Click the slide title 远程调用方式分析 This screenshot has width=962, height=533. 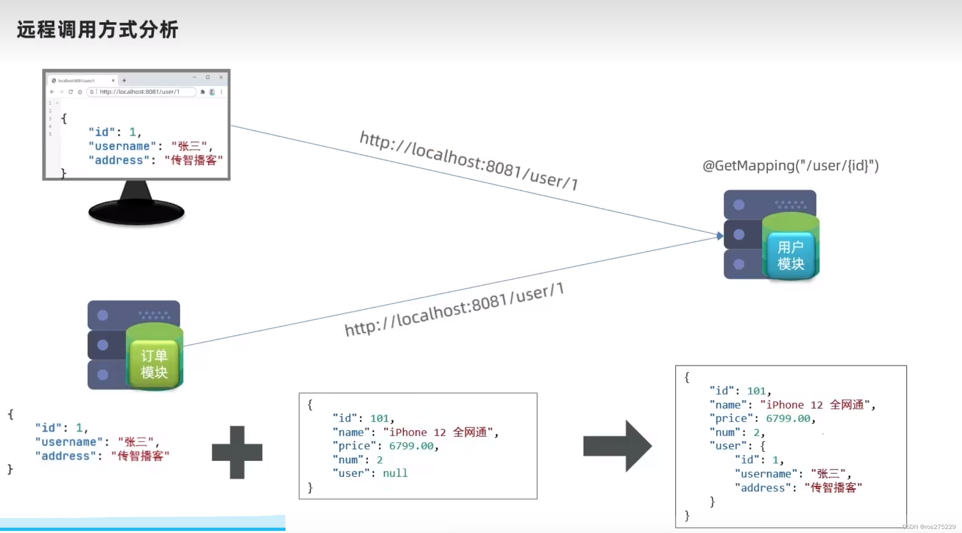coord(97,30)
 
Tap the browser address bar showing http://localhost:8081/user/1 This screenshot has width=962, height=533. coord(140,92)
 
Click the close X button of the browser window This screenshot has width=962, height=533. coord(221,77)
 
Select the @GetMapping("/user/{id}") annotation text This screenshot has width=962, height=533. coord(790,166)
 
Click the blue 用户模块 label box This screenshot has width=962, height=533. coord(790,255)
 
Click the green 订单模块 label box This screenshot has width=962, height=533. coord(154,364)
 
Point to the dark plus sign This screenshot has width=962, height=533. coord(237,452)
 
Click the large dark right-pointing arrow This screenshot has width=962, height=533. coord(617,446)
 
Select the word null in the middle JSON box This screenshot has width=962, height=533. coord(395,473)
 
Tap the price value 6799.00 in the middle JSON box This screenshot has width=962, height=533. coord(411,446)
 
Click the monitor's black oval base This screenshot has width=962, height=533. coord(136,212)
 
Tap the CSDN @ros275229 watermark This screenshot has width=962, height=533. coord(929,527)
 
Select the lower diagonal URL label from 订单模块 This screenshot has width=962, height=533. coord(454,309)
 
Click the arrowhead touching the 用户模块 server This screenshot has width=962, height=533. coord(720,236)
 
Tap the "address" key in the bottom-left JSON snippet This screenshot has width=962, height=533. coord(65,456)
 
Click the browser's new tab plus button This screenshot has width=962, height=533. coord(124,81)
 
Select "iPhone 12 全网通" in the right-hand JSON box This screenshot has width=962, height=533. coord(815,405)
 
